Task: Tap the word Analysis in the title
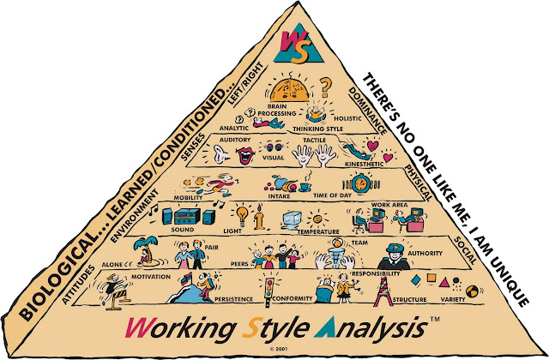[371, 327]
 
